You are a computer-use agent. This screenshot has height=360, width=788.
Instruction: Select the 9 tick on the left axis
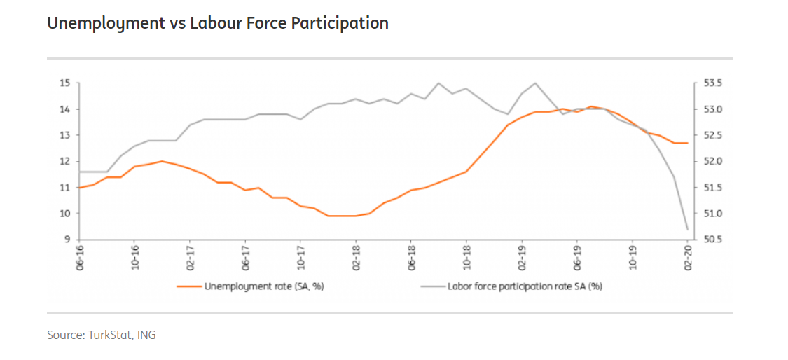click(x=68, y=240)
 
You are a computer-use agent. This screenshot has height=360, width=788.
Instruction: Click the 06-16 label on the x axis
click(x=79, y=258)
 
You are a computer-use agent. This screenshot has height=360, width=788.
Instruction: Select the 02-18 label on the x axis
click(x=356, y=258)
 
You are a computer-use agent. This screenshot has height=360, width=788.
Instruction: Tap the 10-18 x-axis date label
click(x=466, y=258)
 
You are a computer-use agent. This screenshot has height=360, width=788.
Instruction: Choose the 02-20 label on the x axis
click(x=688, y=258)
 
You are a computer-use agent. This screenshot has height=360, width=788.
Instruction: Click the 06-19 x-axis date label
click(x=577, y=258)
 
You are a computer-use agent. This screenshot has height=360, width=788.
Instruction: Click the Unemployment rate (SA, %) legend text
click(x=264, y=286)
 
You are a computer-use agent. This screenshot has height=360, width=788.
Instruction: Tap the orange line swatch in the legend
click(x=188, y=286)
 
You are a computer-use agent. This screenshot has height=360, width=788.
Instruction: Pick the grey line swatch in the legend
click(x=432, y=286)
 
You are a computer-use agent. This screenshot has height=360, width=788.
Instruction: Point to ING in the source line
click(x=147, y=335)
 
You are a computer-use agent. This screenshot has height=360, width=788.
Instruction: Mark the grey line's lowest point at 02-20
click(x=687, y=229)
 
